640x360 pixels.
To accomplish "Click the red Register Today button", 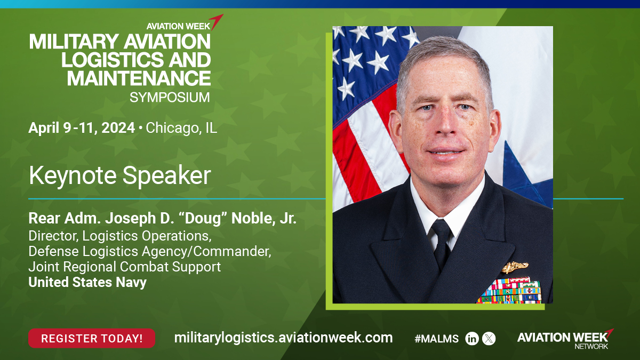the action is (92, 338).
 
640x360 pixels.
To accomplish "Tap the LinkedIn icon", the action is (471, 339).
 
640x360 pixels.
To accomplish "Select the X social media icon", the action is (489, 339).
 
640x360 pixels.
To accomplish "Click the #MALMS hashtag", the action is (436, 339).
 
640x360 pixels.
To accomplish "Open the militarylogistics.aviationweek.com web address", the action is (283, 338).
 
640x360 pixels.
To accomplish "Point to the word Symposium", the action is (170, 98).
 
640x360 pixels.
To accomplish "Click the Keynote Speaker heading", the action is (119, 175).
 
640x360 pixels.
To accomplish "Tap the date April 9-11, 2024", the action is (82, 127).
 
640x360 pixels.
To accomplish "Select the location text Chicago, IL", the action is (181, 128).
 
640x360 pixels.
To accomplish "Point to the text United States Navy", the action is (87, 282).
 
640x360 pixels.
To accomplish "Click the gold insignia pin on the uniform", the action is (515, 267).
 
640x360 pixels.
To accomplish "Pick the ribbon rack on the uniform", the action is (510, 290).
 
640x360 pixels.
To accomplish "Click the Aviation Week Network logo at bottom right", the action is (565, 339).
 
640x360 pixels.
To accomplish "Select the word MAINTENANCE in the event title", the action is (139, 78).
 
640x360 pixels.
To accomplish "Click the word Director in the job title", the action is (53, 236).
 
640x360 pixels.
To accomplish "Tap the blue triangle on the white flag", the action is (523, 180).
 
